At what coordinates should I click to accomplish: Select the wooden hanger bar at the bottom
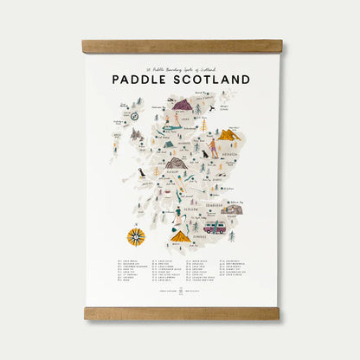tap(182, 312)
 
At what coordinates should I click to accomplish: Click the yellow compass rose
tap(136, 235)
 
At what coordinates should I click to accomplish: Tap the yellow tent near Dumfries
tap(180, 235)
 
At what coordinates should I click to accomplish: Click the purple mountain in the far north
tap(183, 104)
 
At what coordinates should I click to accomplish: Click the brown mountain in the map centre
tap(177, 163)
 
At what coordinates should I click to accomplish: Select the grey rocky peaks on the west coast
tap(136, 134)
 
